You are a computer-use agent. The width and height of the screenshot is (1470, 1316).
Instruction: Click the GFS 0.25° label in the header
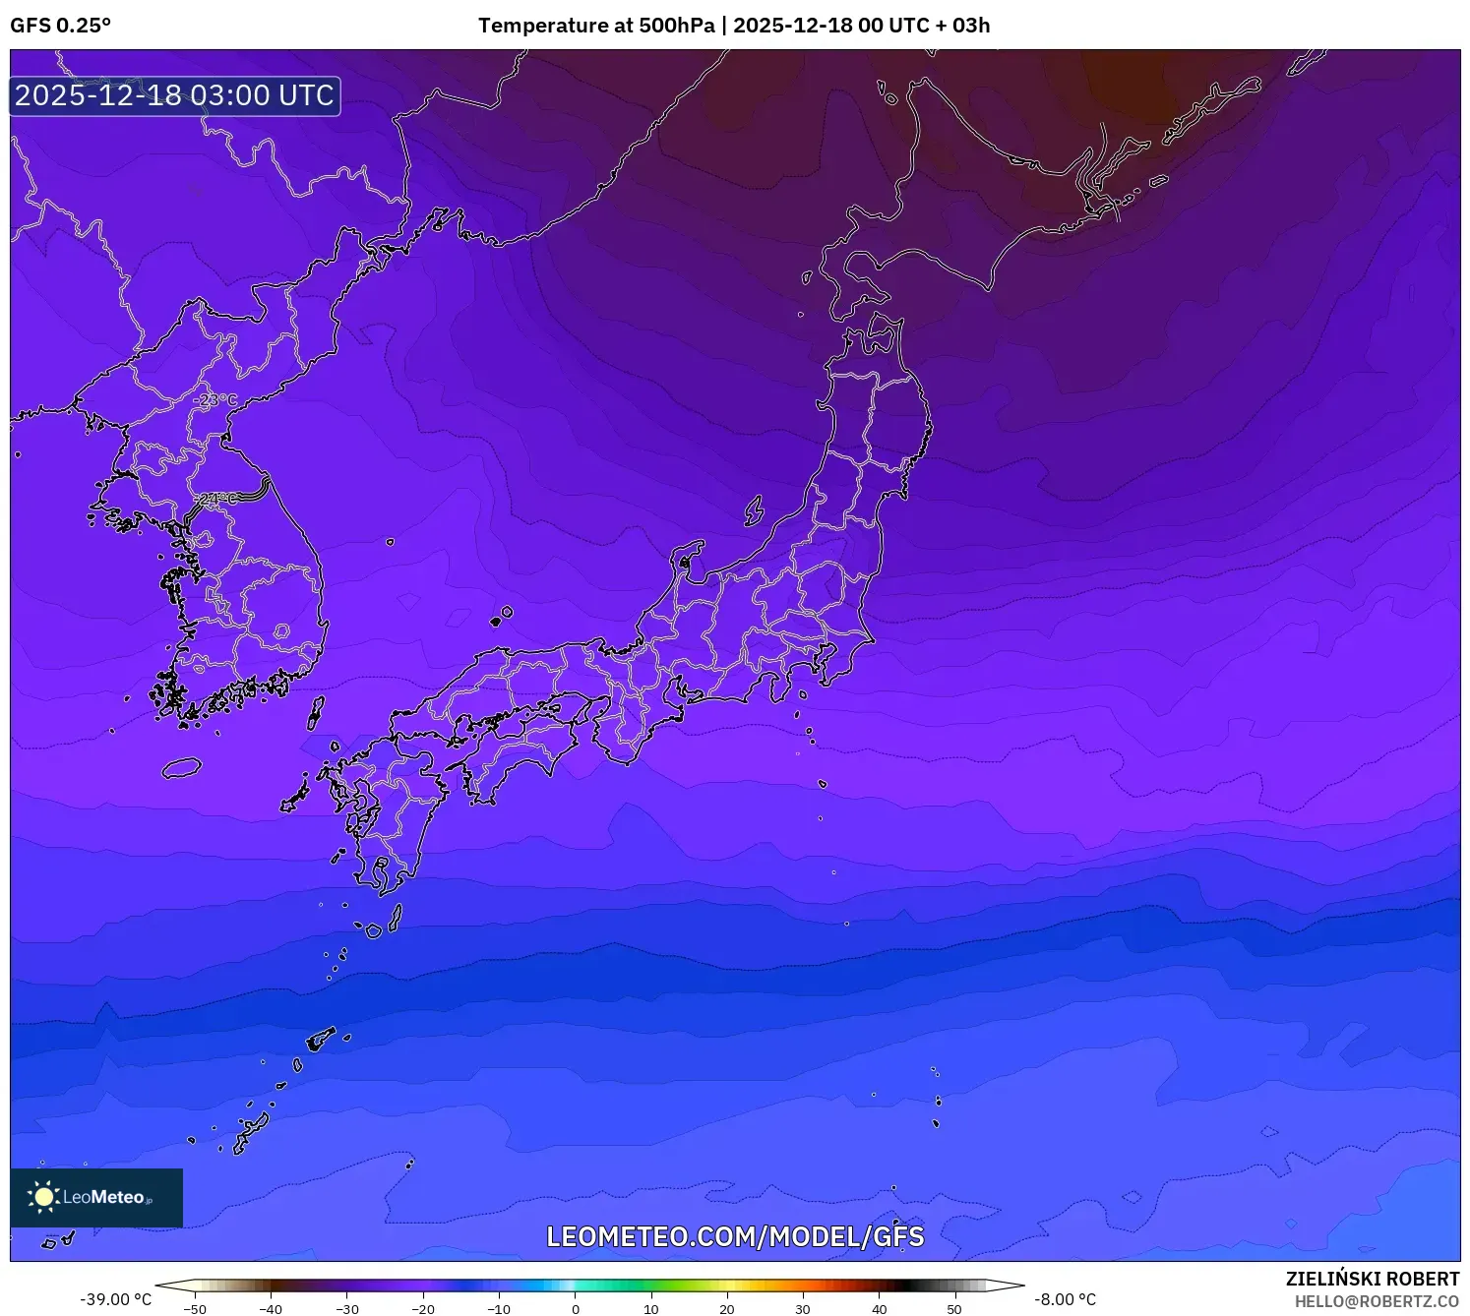click(60, 26)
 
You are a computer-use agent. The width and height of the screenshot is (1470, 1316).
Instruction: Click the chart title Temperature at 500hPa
click(596, 26)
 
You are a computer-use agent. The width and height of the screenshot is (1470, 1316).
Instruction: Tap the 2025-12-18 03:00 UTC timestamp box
click(175, 95)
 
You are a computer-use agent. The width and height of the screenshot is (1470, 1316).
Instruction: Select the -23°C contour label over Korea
click(214, 400)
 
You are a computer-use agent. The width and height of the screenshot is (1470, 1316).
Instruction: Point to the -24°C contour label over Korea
click(215, 499)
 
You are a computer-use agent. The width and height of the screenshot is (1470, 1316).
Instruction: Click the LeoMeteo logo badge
click(96, 1197)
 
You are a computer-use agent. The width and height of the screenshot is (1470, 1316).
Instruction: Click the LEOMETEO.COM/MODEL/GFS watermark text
click(735, 1236)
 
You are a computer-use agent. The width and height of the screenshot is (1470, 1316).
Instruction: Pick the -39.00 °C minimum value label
click(115, 1299)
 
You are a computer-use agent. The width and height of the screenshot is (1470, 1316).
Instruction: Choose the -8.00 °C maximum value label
click(1065, 1299)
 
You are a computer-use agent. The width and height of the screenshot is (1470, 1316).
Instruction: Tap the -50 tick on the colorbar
click(195, 1308)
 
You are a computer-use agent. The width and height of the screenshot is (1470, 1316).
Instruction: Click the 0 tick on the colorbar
click(576, 1308)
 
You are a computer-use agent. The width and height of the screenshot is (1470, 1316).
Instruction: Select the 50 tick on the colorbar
click(954, 1308)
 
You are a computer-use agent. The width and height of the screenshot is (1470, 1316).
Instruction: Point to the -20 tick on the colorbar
click(423, 1308)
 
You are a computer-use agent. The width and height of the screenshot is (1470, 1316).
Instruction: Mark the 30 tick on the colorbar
click(803, 1308)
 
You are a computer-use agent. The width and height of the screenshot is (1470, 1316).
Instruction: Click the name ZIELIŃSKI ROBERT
click(1373, 1279)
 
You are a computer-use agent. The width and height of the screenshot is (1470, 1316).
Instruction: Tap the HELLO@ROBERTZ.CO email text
click(1377, 1301)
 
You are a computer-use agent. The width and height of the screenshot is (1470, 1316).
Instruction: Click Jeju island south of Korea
click(182, 767)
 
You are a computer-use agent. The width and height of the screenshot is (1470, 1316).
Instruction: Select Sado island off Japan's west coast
click(754, 510)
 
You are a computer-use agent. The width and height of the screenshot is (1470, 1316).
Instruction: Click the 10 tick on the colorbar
click(651, 1308)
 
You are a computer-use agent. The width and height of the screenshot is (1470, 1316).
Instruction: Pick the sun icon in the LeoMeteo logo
click(43, 1197)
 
